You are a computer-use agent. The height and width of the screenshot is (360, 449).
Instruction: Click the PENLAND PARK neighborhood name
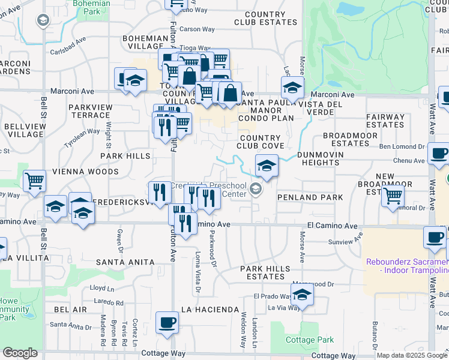point(310,197)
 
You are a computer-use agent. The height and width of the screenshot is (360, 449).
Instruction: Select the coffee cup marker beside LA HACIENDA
point(167,323)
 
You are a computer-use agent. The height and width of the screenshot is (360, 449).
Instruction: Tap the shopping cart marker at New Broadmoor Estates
point(393,195)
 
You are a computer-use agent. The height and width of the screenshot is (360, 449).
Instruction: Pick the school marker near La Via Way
point(302,295)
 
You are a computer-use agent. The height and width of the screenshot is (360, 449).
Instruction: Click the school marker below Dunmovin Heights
point(267,166)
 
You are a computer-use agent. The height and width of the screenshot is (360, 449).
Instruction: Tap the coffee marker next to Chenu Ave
point(439,153)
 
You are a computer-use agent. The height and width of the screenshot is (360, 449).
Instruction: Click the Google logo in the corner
point(20,353)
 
